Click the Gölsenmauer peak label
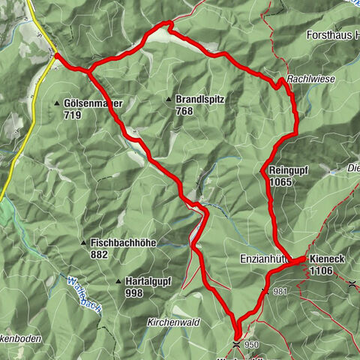pos(94,103)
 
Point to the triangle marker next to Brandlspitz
pos(169,99)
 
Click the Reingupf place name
pos(289,170)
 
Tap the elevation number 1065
pos(281,181)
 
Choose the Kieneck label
pos(325,259)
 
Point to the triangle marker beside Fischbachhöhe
pos(84,243)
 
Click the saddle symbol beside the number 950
pos(237,344)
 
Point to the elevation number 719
pos(73,115)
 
